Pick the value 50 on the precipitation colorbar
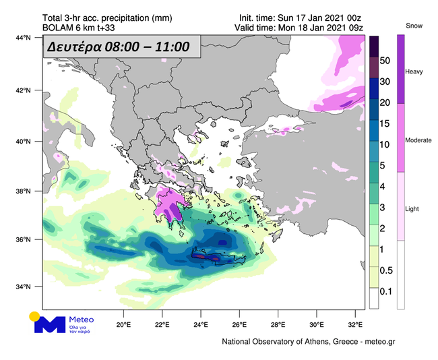385,60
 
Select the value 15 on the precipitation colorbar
385,123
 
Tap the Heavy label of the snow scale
413,71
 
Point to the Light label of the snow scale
412,208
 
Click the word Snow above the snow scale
413,25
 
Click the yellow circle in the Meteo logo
34,316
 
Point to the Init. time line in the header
301,18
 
